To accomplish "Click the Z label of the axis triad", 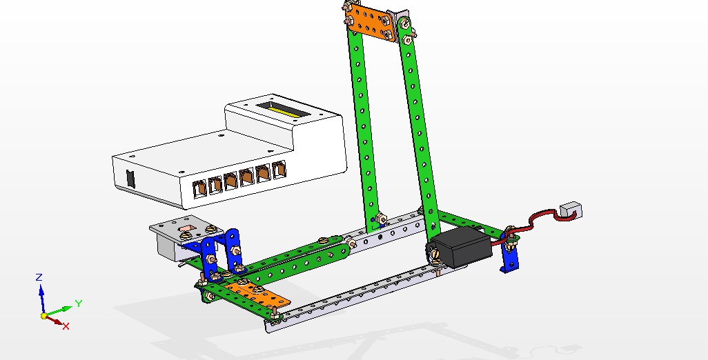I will [x=39, y=277].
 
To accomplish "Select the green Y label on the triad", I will [x=79, y=303].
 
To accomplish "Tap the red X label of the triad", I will [x=66, y=326].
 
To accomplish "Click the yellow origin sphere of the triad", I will [x=43, y=315].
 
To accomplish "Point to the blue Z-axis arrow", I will [x=41, y=295].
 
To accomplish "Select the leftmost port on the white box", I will [x=198, y=186].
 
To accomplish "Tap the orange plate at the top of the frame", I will [x=371, y=21].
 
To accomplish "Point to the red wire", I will [x=535, y=220].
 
